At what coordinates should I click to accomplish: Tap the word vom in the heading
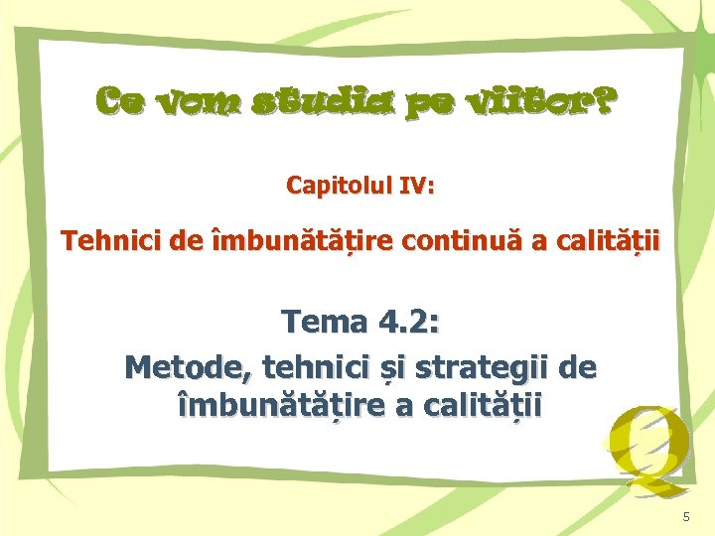tap(201, 101)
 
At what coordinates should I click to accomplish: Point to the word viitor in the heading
tap(527, 101)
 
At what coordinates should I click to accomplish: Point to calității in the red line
tap(611, 241)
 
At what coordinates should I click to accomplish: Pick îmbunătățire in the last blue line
tap(277, 407)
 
